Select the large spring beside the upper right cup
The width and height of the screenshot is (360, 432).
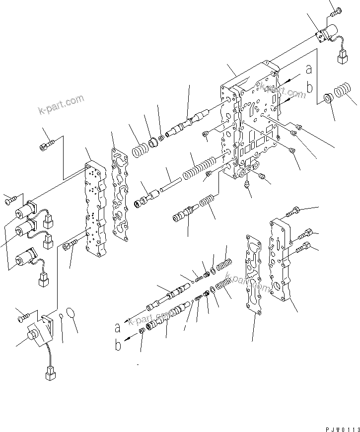pos(341,93)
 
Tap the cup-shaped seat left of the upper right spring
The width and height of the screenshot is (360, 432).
pos(328,97)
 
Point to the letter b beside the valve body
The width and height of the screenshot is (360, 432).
pos(309,88)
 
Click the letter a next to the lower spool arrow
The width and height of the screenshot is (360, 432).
pos(118,328)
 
